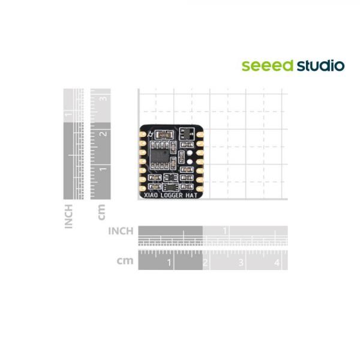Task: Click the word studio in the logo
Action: (x=320, y=65)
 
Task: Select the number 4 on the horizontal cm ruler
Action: (x=276, y=263)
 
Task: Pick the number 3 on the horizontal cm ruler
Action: (x=241, y=263)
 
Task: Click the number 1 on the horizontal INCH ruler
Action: (x=225, y=231)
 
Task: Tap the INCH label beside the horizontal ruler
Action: (x=121, y=231)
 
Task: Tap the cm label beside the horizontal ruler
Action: (x=125, y=262)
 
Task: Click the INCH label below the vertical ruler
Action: (x=69, y=216)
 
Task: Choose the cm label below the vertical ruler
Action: (x=101, y=211)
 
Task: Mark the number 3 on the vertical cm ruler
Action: (x=104, y=97)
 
